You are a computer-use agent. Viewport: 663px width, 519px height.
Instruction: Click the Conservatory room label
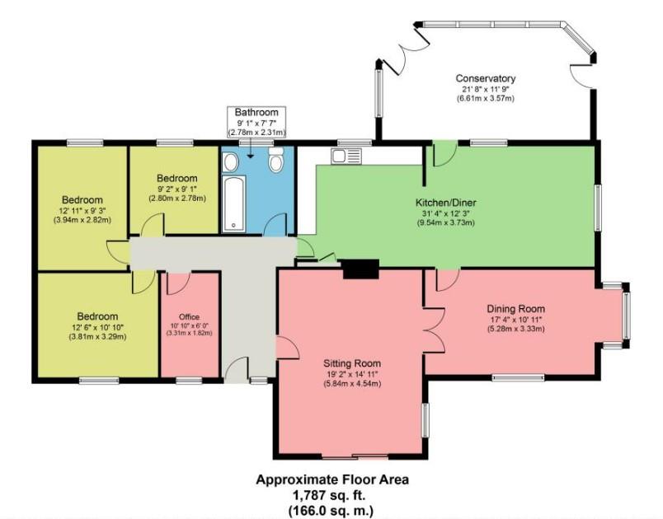[486, 79]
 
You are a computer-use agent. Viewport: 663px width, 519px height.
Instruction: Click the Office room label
[190, 316]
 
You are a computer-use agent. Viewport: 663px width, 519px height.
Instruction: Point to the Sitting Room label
[351, 362]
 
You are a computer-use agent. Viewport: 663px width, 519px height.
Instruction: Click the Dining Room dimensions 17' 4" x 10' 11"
[515, 320]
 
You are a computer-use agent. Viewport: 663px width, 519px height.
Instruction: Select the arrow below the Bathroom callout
[251, 143]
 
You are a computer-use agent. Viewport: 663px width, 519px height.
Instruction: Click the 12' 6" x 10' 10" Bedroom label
[97, 316]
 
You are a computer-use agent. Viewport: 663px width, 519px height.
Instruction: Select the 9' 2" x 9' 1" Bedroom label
[177, 178]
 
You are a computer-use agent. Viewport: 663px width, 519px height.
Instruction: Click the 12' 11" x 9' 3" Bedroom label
[82, 200]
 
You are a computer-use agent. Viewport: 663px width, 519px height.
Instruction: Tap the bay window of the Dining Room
[627, 313]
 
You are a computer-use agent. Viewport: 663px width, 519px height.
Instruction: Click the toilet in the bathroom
[275, 164]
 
